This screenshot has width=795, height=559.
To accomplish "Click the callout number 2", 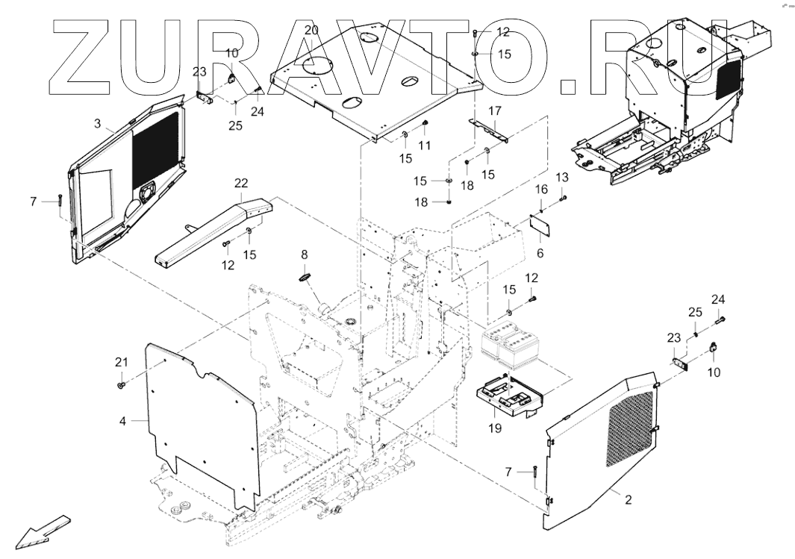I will (x=628, y=499).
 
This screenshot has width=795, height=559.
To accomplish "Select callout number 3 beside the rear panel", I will (x=97, y=121).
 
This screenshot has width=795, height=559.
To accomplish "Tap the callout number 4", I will (x=122, y=420).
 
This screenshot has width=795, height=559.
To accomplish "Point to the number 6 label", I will (x=540, y=253).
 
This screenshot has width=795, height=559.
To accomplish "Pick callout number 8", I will (x=304, y=254).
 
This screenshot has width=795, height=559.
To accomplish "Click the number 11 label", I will (x=425, y=146).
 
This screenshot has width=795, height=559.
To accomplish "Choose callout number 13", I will (x=562, y=176).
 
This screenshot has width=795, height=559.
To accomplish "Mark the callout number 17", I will (x=495, y=111).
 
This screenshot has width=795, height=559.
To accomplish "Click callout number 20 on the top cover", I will (x=312, y=30).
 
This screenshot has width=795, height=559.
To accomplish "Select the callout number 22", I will (x=240, y=184).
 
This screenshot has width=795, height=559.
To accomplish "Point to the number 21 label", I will (x=121, y=362).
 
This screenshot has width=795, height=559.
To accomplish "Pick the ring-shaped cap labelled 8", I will (x=305, y=277).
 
